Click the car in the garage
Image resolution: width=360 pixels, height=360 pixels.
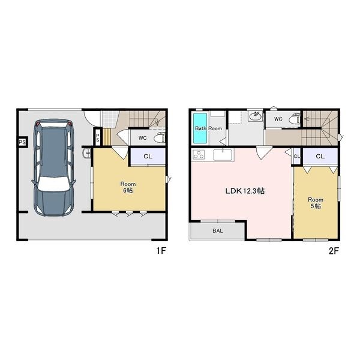pyautogui.click(x=54, y=167)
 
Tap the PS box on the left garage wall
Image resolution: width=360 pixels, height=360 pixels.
pyautogui.click(x=22, y=142)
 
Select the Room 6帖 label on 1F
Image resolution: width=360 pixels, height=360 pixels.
pyautogui.click(x=128, y=187)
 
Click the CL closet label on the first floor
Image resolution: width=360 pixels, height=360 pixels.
pyautogui.click(x=148, y=157)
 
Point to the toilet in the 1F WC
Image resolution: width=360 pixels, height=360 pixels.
pyautogui.click(x=160, y=138)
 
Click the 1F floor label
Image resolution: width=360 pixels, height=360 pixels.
pyautogui.click(x=161, y=251)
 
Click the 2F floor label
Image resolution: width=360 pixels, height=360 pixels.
pyautogui.click(x=334, y=251)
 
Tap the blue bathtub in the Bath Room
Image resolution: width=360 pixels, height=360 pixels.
pyautogui.click(x=200, y=128)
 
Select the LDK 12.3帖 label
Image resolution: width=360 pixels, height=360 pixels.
pyautogui.click(x=245, y=191)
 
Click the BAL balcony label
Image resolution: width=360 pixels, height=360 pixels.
pyautogui.click(x=218, y=231)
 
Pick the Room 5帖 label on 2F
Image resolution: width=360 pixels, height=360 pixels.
pyautogui.click(x=316, y=203)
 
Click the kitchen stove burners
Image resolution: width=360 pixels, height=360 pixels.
pyautogui.click(x=199, y=155)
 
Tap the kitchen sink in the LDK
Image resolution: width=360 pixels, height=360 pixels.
pyautogui.click(x=223, y=155)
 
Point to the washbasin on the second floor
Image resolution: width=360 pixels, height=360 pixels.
pyautogui.click(x=256, y=116)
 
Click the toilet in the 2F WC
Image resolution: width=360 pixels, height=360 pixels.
pyautogui.click(x=295, y=119)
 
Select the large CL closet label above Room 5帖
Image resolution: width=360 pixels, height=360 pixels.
pyautogui.click(x=320, y=157)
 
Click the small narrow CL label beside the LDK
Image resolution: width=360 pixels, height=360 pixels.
pyautogui.click(x=297, y=157)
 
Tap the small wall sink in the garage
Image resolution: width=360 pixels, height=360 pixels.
pyautogui.click(x=86, y=154)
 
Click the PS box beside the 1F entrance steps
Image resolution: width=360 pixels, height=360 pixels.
pyautogui.click(x=98, y=138)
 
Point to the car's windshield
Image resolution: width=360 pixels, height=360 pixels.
pyautogui.click(x=54, y=183)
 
